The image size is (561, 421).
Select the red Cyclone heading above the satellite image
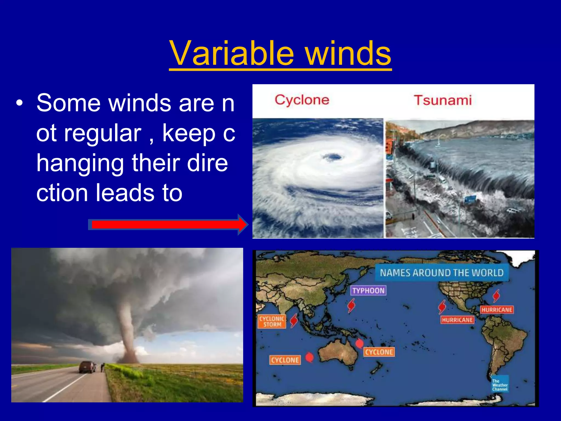(302, 100)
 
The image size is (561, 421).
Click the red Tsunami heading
(443, 100)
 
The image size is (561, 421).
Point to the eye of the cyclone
(333, 157)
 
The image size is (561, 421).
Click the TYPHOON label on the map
(368, 291)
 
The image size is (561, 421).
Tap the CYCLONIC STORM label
(272, 322)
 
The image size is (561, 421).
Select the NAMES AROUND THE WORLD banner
(442, 273)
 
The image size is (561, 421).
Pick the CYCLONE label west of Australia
(285, 360)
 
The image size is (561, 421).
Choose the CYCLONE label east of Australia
(379, 352)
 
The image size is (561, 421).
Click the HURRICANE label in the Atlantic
(497, 310)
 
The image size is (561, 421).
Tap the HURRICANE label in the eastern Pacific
(457, 320)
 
